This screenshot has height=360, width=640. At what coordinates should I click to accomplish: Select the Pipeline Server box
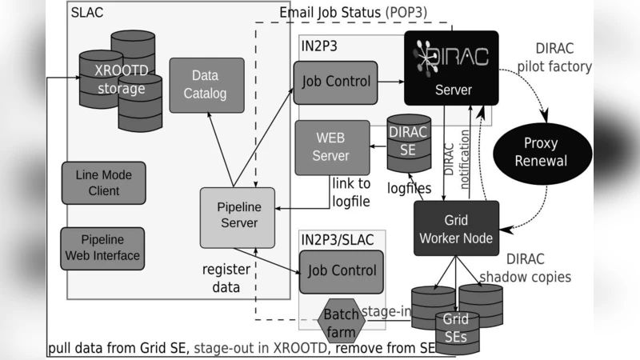pos(237,215)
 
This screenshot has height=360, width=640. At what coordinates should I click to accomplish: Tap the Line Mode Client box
pos(103,182)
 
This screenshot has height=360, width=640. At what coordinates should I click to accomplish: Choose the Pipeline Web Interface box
pos(103,248)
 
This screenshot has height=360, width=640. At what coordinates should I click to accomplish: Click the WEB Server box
pos(332,147)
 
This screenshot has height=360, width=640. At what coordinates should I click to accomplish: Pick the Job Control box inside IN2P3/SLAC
pos(341,271)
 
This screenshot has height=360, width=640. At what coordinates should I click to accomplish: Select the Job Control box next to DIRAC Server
pos(335,82)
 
